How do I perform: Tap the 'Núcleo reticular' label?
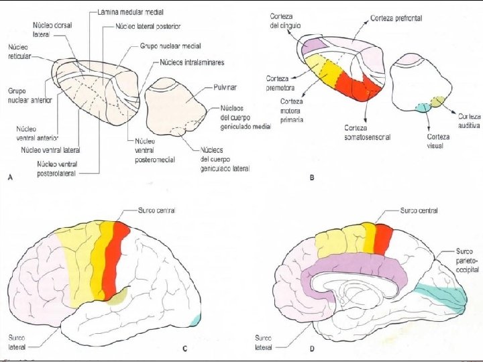click(x=18, y=52)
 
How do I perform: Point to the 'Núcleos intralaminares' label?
click(x=192, y=62)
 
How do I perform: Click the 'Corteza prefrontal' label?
click(x=396, y=18)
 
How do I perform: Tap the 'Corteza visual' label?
click(x=438, y=141)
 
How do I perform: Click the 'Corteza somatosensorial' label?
click(x=367, y=132)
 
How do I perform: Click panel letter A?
click(x=10, y=176)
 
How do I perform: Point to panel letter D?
click(x=312, y=349)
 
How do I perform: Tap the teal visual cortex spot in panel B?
click(x=423, y=107)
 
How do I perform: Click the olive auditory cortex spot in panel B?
click(x=437, y=102)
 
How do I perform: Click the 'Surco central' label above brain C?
click(x=156, y=210)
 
